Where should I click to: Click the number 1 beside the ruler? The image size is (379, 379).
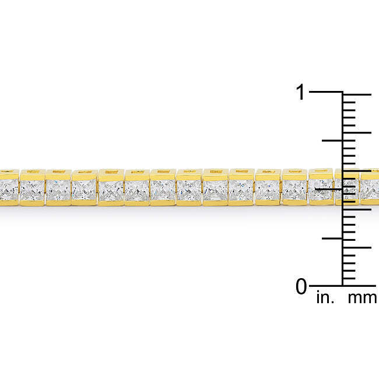[300, 92]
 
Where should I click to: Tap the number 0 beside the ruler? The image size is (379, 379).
[301, 286]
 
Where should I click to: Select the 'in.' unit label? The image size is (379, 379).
[325, 297]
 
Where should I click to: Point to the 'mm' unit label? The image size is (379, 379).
[362, 298]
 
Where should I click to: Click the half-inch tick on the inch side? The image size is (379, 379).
[329, 189]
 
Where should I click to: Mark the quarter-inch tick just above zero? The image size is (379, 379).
[332, 238]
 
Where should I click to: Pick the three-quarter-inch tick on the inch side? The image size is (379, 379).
[332, 140]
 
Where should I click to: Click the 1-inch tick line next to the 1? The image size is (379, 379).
[326, 92]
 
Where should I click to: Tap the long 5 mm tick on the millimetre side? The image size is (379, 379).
[357, 247]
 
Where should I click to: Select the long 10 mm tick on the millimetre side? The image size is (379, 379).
[357, 209]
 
